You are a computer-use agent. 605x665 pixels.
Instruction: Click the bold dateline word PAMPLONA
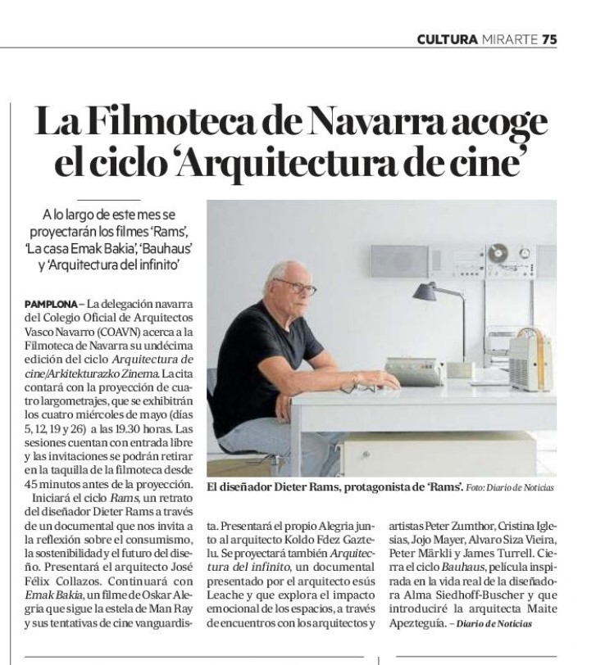click(55, 304)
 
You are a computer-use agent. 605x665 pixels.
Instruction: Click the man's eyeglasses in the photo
click(298, 288)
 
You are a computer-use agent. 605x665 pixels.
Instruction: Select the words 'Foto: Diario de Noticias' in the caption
click(509, 488)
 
